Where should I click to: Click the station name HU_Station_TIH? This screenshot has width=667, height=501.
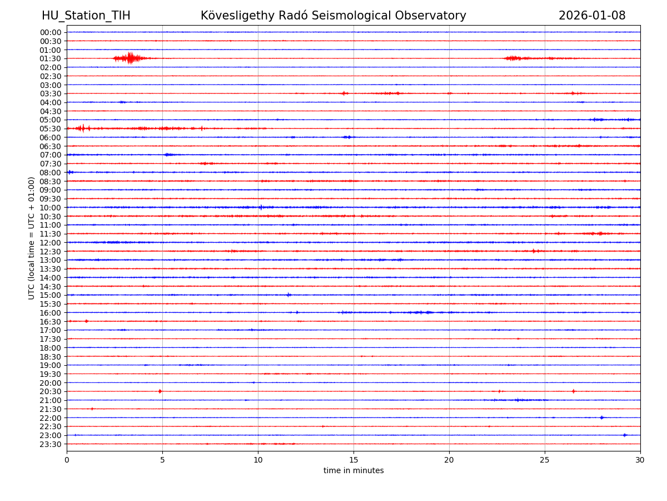click(86, 16)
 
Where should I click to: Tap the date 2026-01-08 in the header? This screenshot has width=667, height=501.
click(592, 16)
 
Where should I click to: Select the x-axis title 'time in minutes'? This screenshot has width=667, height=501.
click(354, 471)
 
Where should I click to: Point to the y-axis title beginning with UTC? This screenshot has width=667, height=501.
click(32, 238)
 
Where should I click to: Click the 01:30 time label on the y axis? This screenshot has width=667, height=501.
click(51, 58)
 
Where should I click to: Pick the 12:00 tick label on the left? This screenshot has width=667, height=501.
click(51, 243)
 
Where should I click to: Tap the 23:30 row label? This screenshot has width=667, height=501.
click(51, 444)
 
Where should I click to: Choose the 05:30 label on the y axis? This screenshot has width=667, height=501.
click(51, 129)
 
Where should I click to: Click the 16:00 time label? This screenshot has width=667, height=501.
click(51, 313)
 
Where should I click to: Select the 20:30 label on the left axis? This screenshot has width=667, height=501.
click(51, 391)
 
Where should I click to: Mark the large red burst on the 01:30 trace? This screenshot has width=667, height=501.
click(130, 58)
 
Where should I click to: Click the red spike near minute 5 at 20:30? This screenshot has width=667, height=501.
click(160, 391)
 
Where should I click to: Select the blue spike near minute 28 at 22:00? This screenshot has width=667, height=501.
click(601, 417)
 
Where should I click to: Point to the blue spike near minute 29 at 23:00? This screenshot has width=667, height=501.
click(625, 435)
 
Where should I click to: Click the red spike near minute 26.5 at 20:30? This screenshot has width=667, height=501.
click(573, 391)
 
